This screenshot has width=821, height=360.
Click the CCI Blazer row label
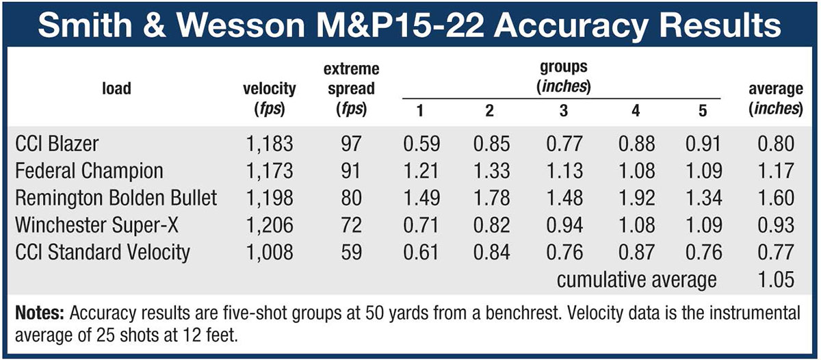click(x=57, y=144)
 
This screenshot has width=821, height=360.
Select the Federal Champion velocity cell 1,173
click(x=269, y=171)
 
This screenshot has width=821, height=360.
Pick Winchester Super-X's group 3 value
click(x=564, y=225)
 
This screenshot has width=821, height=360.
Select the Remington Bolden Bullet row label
click(x=116, y=198)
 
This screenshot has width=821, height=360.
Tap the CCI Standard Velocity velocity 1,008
click(x=269, y=252)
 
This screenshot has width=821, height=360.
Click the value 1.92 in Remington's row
click(x=636, y=198)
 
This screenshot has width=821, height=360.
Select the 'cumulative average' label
click(x=636, y=279)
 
